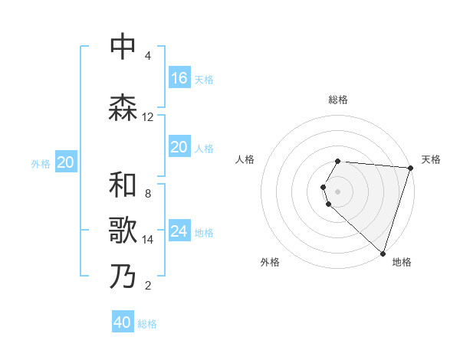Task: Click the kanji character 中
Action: pyautogui.click(x=123, y=47)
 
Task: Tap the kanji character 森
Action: pyautogui.click(x=123, y=108)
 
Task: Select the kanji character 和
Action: pyautogui.click(x=123, y=185)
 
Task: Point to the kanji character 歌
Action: pyautogui.click(x=123, y=231)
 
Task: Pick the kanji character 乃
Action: pyautogui.click(x=123, y=277)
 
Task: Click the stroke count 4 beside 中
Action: pyautogui.click(x=147, y=56)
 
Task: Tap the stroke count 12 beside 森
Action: pyautogui.click(x=148, y=117)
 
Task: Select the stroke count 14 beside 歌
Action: pyautogui.click(x=148, y=240)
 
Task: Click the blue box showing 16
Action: pyautogui.click(x=179, y=77)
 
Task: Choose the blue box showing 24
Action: pyautogui.click(x=179, y=231)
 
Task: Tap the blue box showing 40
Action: pyautogui.click(x=123, y=322)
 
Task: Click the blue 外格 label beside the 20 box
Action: pyautogui.click(x=41, y=163)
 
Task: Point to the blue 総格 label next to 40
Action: pyautogui.click(x=147, y=324)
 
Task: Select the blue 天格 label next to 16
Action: pyautogui.click(x=204, y=79)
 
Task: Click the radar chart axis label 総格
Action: pyautogui.click(x=338, y=100)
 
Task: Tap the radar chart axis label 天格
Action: pyautogui.click(x=431, y=159)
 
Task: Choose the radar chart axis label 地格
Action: pyautogui.click(x=402, y=262)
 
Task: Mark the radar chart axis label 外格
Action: pyautogui.click(x=270, y=262)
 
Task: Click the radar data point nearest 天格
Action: pyautogui.click(x=410, y=168)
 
